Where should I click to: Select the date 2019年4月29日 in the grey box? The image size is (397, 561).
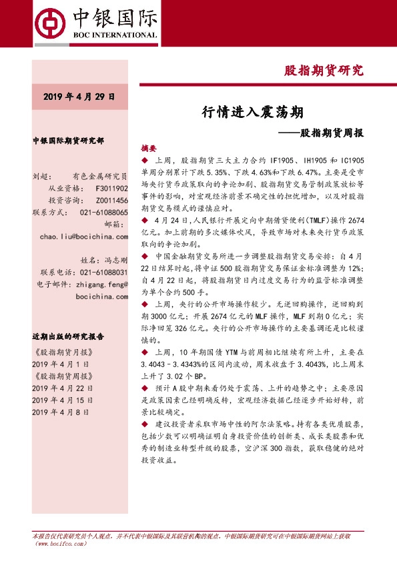click(79, 97)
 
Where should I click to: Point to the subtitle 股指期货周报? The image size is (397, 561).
click(330, 132)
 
